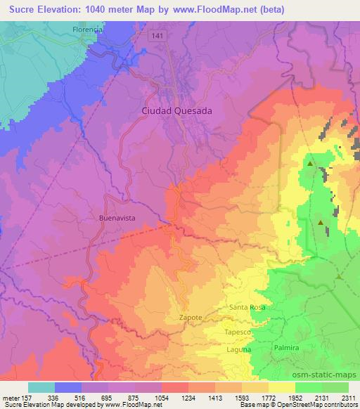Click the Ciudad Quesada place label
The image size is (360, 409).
[x=176, y=110]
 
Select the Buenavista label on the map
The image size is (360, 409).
[x=115, y=218]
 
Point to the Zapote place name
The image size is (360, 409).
[x=190, y=318]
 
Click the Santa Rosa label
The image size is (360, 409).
[x=246, y=308]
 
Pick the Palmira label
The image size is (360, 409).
[x=286, y=348]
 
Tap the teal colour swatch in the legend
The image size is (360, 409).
[x=41, y=387]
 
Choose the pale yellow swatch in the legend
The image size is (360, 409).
[x=282, y=387]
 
